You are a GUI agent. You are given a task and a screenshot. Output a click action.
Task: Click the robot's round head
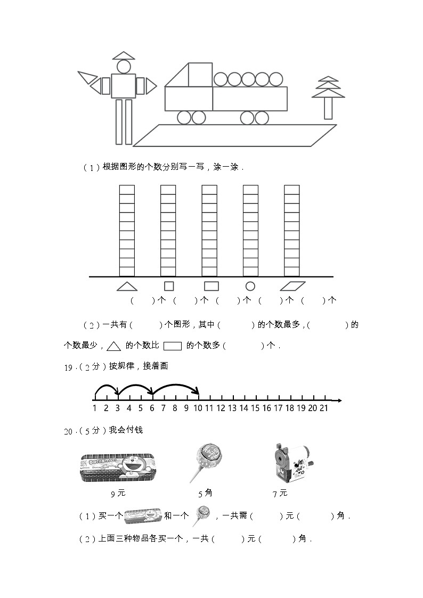[124, 67]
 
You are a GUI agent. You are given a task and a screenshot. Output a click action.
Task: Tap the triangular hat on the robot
[124, 55]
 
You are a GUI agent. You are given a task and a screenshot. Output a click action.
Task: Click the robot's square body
[124, 86]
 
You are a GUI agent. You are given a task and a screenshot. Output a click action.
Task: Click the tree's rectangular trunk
[328, 108]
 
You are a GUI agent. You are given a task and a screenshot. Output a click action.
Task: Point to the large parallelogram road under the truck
[234, 135]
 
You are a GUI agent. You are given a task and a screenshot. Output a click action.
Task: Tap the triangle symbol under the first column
[127, 286]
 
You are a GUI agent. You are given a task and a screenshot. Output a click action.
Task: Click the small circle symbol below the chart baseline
[250, 286]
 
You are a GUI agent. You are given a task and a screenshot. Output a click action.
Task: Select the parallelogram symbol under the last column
[292, 286]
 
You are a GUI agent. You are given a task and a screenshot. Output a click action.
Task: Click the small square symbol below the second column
[168, 286]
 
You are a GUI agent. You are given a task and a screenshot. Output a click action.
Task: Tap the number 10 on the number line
[198, 408]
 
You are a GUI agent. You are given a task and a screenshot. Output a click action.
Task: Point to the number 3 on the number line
[118, 408]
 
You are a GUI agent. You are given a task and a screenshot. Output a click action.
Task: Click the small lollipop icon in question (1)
[202, 515]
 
